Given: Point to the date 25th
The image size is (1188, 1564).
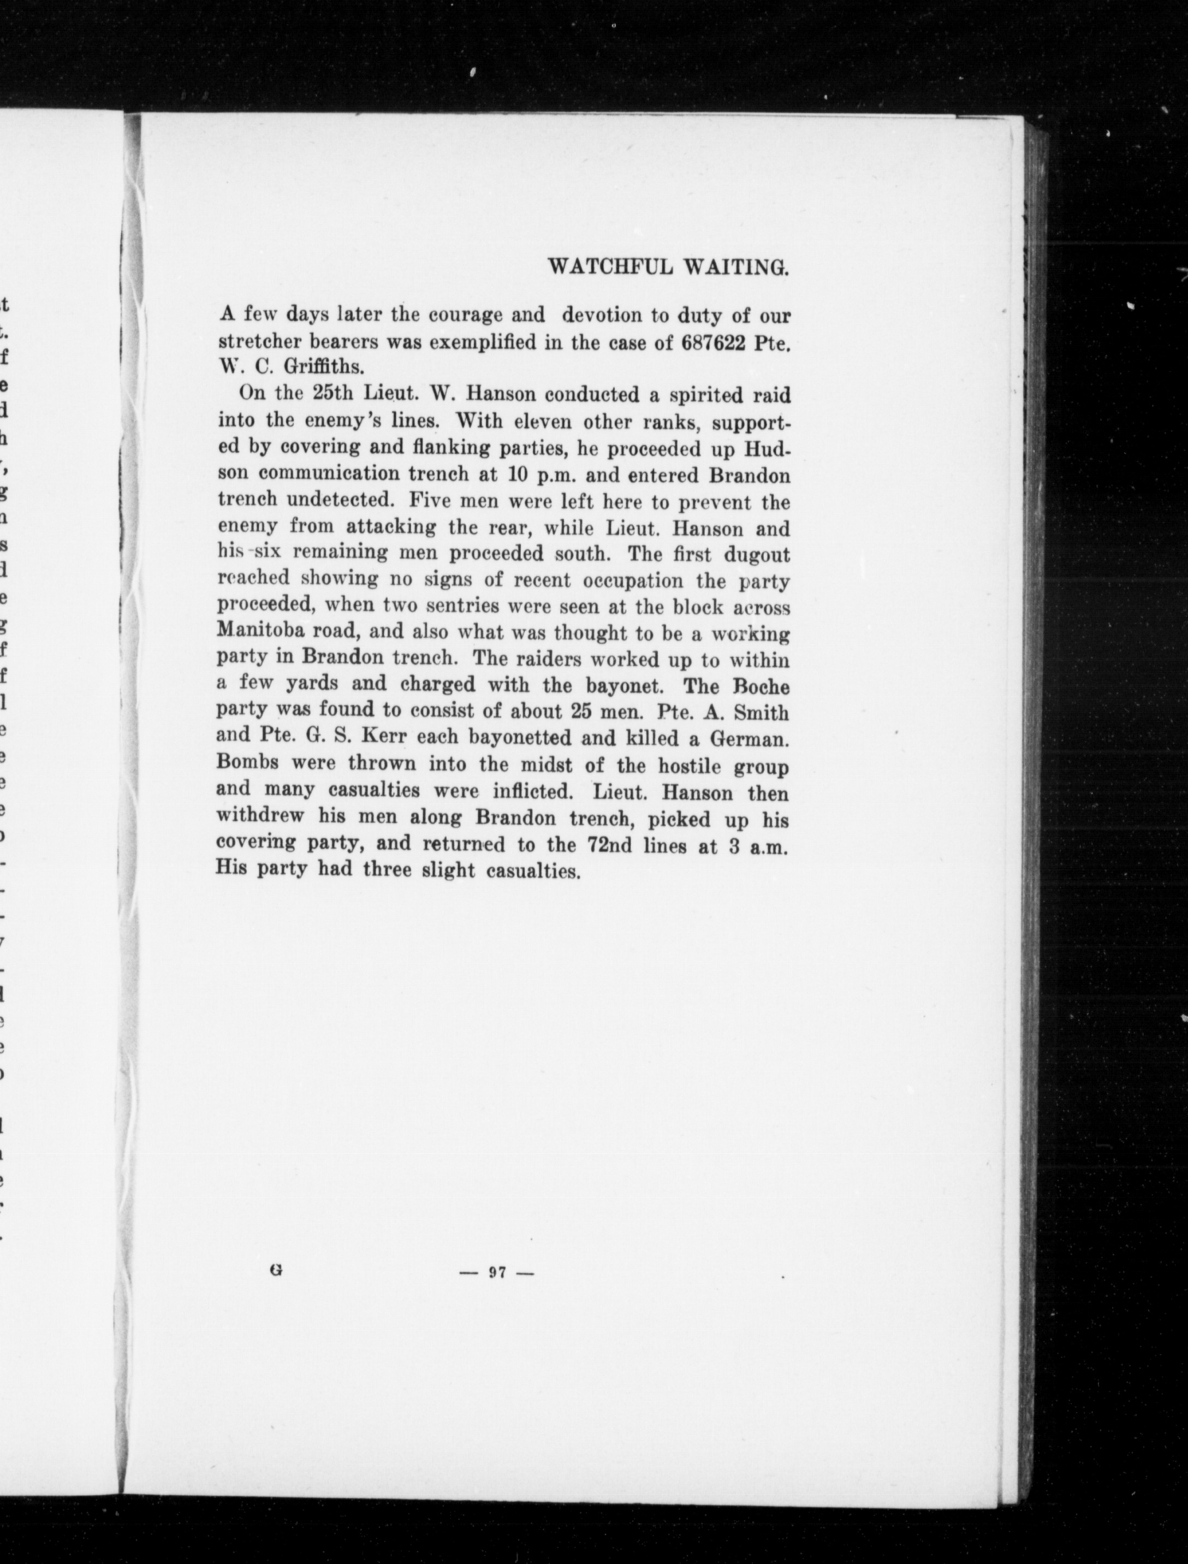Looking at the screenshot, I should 333,394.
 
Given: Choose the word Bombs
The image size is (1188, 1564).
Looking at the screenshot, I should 249,764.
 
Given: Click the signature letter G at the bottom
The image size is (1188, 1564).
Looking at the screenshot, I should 276,1269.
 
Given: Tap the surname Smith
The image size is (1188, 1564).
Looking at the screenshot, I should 761,712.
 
